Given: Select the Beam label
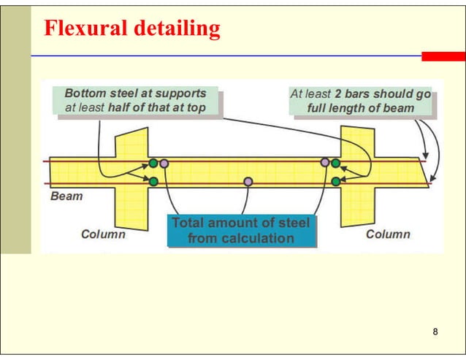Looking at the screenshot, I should coord(66,196).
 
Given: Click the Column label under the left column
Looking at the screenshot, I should coord(103,234).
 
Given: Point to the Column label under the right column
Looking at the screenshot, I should coord(388,234).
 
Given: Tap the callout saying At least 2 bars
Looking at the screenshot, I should coord(360,101).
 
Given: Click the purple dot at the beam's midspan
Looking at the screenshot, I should coord(248,181).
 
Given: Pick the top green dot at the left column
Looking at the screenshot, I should coord(153,163).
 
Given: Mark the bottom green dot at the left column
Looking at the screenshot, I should coord(153,181).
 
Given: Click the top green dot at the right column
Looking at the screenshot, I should coord(335,163).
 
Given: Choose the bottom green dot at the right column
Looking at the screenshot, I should coord(335,181).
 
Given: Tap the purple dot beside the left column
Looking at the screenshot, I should coord(164,163).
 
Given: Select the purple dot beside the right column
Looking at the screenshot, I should coord(324,163).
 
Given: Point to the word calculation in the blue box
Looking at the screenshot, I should coord(241,238).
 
